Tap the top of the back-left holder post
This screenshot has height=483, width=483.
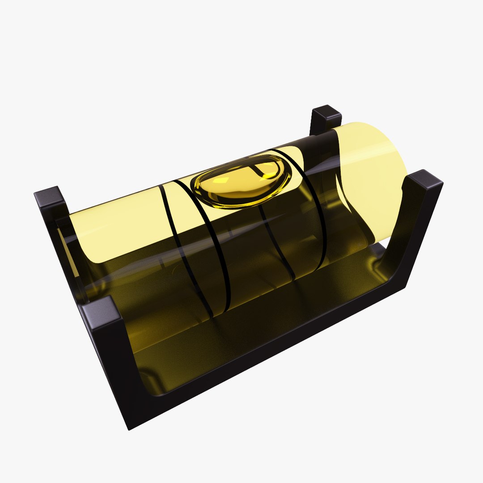326,114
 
